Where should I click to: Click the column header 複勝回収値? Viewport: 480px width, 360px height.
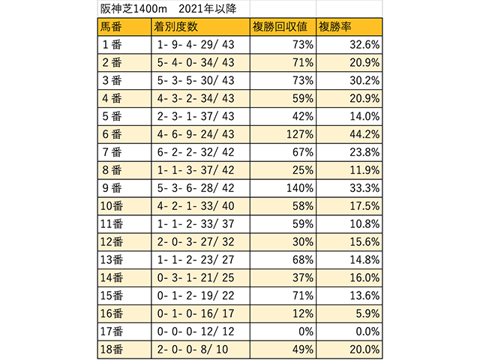coord(279,27)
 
